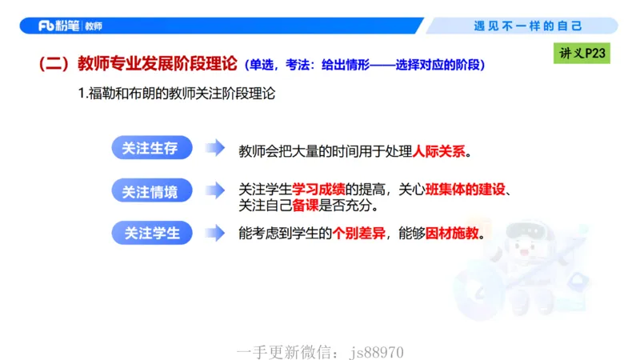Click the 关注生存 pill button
150,148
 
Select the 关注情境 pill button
150,191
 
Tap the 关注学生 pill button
150,234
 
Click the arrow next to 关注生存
214,149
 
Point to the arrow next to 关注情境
214,191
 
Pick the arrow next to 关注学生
214,234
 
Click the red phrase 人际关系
438,150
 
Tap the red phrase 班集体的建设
466,190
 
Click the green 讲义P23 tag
582,54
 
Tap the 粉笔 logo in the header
58,26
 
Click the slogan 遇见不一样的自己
529,26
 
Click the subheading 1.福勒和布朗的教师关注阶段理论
177,94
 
